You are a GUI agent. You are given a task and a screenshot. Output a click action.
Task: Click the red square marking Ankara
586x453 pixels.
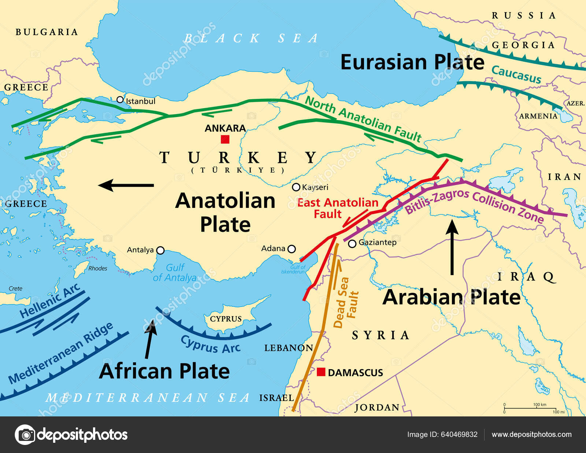(x=225, y=139)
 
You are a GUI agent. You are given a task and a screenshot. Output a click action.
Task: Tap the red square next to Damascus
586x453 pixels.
(x=321, y=372)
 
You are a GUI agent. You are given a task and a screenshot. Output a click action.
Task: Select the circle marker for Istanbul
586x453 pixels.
(x=120, y=100)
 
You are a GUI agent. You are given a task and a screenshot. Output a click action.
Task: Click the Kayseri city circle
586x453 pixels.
(x=296, y=187)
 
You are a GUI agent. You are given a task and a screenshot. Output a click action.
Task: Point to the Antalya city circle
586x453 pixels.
(x=160, y=250)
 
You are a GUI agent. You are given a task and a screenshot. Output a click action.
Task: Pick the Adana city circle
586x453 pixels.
(x=292, y=249)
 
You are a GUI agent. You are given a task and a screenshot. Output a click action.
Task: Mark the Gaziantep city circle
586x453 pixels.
(x=352, y=244)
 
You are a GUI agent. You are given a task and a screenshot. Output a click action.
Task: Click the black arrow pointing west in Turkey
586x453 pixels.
(x=126, y=185)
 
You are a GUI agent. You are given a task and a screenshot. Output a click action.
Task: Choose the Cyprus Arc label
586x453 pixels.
(x=211, y=344)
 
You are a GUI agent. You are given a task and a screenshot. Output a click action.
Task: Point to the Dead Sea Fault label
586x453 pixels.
(x=346, y=303)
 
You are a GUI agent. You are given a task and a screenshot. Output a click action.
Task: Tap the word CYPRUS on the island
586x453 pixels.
(x=226, y=319)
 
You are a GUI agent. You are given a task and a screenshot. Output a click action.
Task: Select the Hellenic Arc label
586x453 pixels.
(x=50, y=300)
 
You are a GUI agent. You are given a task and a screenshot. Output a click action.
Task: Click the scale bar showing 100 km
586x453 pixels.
(x=530, y=408)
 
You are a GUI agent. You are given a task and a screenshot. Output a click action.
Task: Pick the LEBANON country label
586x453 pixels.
(x=289, y=348)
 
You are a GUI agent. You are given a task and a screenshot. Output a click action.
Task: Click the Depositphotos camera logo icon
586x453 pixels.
(x=25, y=435)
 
